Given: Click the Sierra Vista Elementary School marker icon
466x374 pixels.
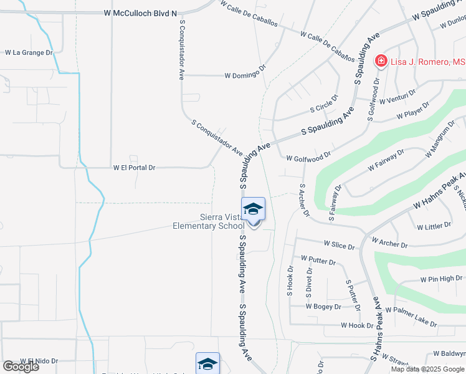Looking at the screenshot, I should pos(253,210).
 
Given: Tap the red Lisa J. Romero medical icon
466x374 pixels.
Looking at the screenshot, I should pos(379,61).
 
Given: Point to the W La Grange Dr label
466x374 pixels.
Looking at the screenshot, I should pos(29,53).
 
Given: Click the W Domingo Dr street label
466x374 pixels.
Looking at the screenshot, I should pos(245,75).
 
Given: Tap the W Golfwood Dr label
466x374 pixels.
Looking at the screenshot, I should pos(308,159).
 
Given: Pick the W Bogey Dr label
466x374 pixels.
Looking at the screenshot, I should pos(323,307).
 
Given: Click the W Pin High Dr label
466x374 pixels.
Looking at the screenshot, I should pos(441,279).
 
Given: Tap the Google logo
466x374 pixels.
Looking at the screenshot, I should pos(21,367).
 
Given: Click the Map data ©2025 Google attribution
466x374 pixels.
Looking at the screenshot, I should pos(427,369).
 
